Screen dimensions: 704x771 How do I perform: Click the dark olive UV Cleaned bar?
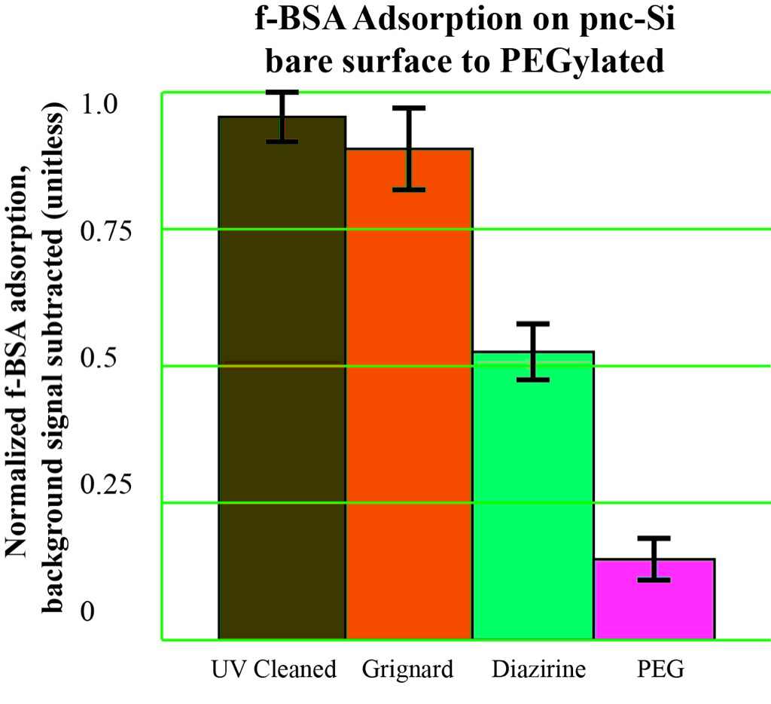tap(282, 376)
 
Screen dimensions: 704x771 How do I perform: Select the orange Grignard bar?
tap(409, 392)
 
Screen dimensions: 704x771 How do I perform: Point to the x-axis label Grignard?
tap(407, 669)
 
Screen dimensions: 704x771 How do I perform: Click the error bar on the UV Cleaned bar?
tap(282, 117)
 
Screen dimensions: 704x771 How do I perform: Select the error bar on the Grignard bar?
tap(409, 148)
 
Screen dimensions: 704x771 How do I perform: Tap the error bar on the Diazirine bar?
tap(533, 352)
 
